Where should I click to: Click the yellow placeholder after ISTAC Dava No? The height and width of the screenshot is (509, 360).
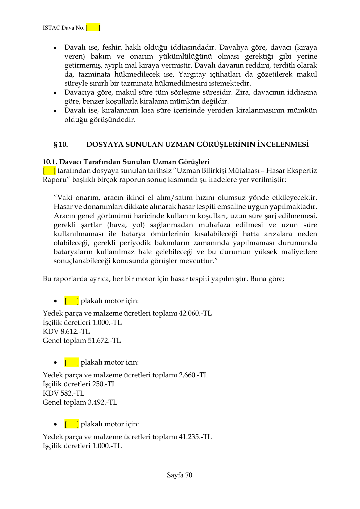tap(93, 28)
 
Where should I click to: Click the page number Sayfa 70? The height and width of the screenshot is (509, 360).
tap(180, 475)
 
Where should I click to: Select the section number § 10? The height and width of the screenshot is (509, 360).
tap(61, 144)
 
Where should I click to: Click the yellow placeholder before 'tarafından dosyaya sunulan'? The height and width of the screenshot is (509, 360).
tap(49, 171)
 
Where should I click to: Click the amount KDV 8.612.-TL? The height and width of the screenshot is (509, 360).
tap(66, 331)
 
